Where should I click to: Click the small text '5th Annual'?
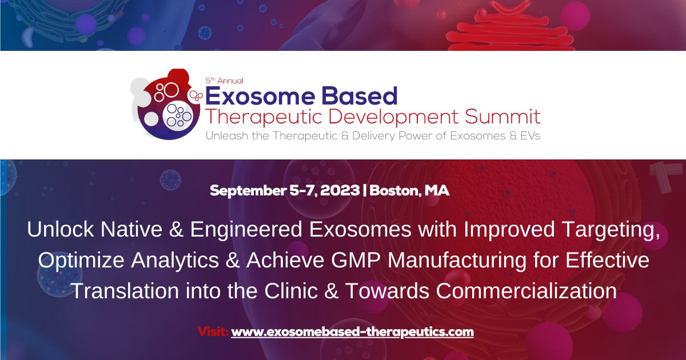[224, 81]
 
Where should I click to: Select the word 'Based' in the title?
[364, 95]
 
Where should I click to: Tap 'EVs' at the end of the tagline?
[528, 136]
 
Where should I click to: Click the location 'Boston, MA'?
[409, 191]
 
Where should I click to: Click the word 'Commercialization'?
[526, 290]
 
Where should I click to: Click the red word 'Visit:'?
[213, 331]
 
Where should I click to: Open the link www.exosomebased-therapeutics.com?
[352, 331]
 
